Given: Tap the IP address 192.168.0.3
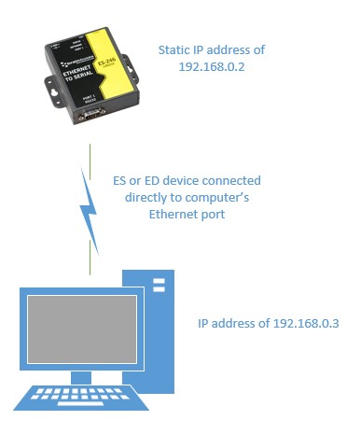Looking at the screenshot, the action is point(301,324).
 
